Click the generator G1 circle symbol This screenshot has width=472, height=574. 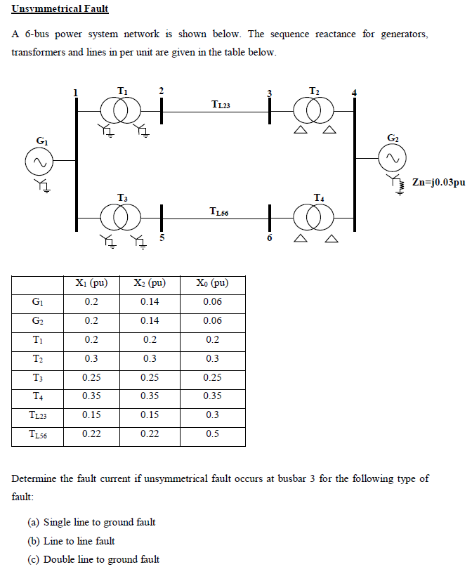pyautogui.click(x=39, y=161)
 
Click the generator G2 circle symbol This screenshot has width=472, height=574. pyautogui.click(x=392, y=159)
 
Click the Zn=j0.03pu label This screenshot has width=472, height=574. pyautogui.click(x=439, y=183)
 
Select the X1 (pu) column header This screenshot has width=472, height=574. pyautogui.click(x=91, y=283)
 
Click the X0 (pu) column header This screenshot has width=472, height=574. pyautogui.click(x=212, y=283)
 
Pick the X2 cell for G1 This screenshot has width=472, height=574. pyautogui.click(x=150, y=302)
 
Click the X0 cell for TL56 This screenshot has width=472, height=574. pyautogui.click(x=212, y=434)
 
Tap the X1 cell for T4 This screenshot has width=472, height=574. pyautogui.click(x=91, y=396)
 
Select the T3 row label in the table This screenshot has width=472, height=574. pyautogui.click(x=39, y=377)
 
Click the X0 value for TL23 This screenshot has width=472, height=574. pyautogui.click(x=212, y=415)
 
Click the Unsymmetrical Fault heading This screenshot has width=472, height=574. pyautogui.click(x=60, y=10)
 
